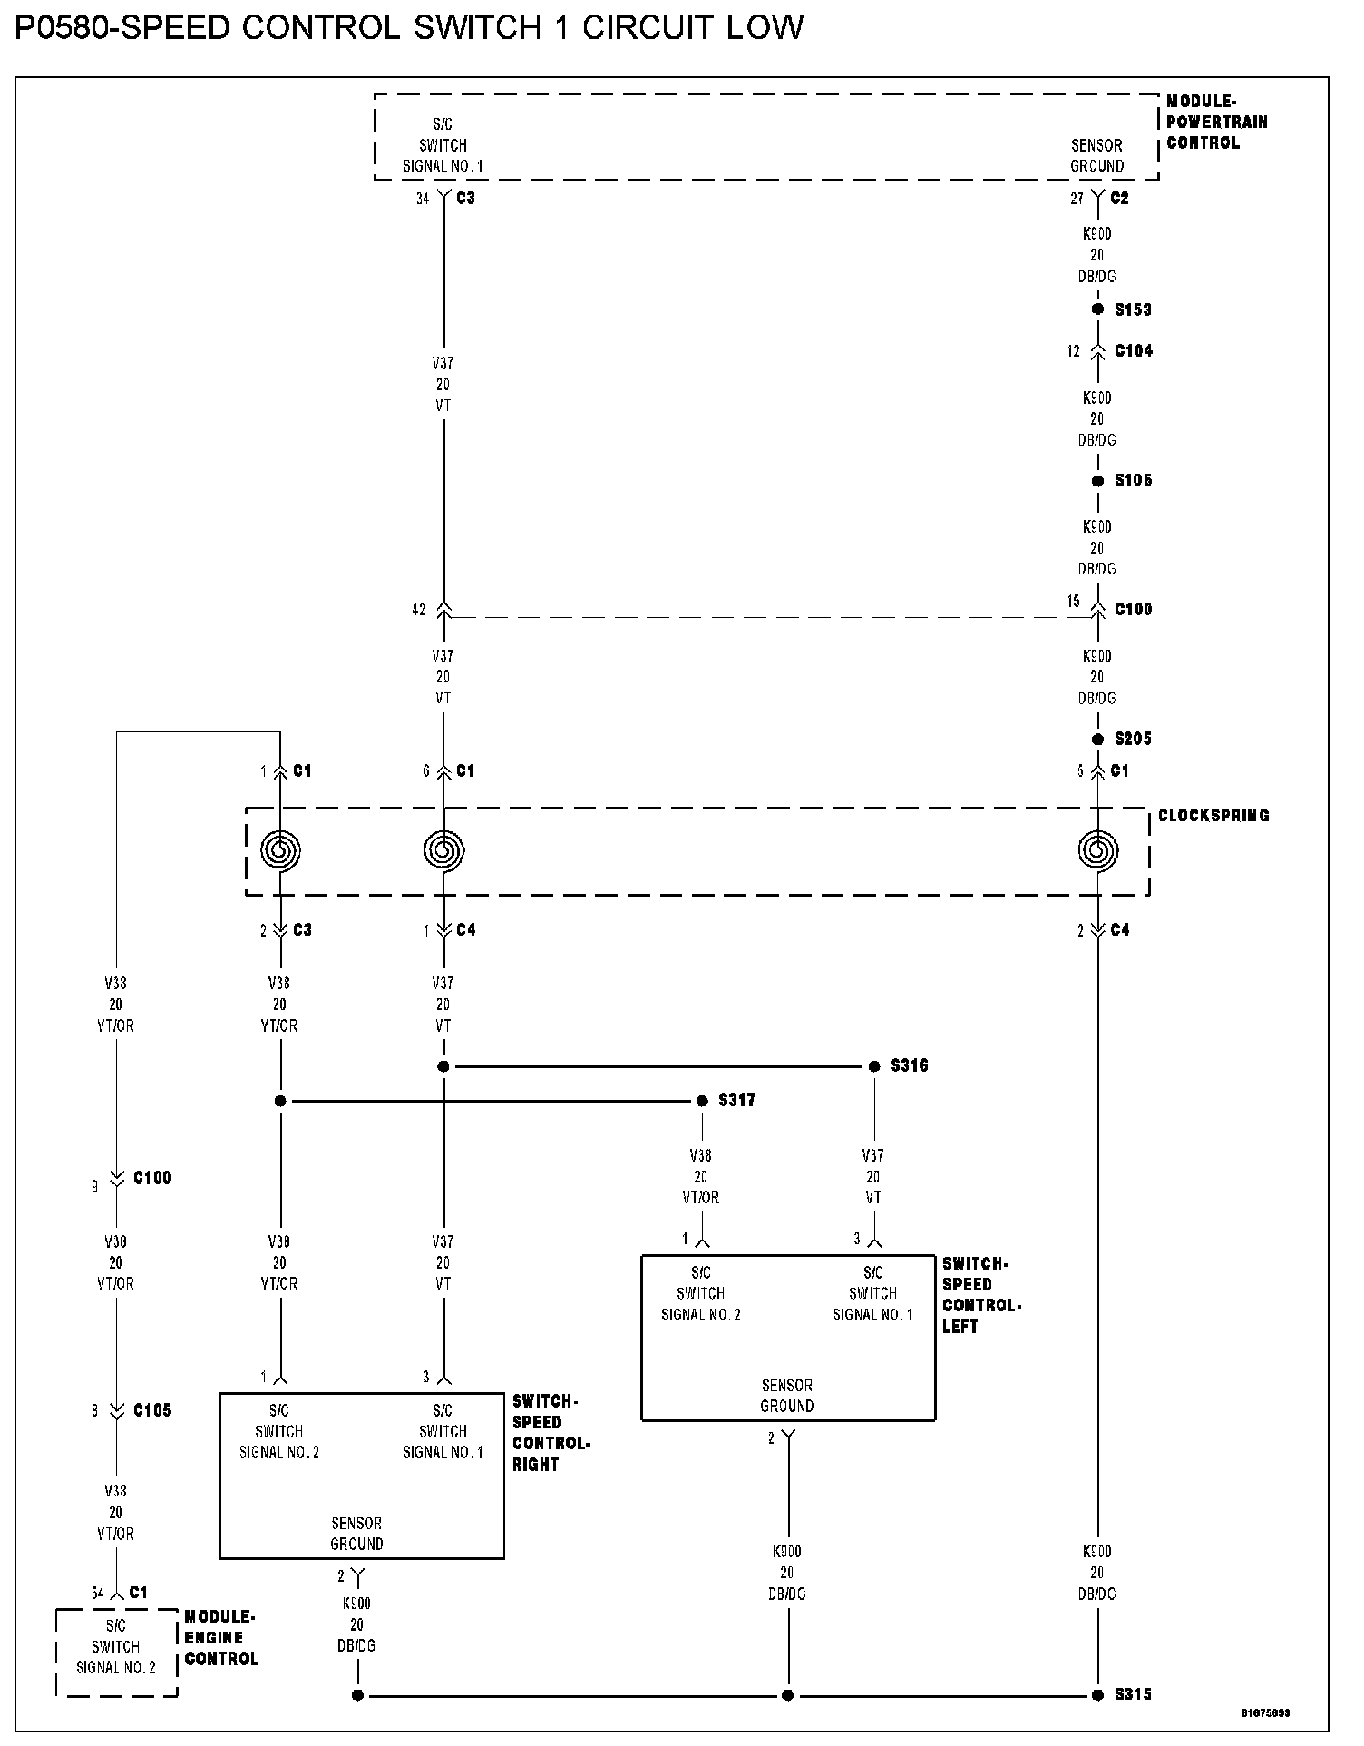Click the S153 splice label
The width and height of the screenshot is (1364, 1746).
[x=1133, y=309]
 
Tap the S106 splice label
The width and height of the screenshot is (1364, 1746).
[x=1133, y=480]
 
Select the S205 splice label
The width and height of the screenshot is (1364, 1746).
[x=1133, y=739]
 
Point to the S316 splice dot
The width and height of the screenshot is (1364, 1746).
[x=874, y=1066]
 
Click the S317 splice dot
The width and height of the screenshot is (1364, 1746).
[x=702, y=1101]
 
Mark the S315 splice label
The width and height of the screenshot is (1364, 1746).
[x=1133, y=1694]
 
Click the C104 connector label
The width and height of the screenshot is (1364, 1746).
[x=1134, y=351]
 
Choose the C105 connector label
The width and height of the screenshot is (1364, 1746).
[x=152, y=1410]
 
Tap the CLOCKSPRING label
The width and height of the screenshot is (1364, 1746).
[x=1213, y=815]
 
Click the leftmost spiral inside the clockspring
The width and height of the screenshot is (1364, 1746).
[x=280, y=851]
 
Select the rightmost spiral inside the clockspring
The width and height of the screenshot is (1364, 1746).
[x=1098, y=851]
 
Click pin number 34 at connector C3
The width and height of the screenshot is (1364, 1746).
[x=423, y=199]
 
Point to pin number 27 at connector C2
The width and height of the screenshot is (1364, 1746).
[x=1077, y=199]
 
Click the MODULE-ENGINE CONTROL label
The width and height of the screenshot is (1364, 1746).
[x=221, y=1637]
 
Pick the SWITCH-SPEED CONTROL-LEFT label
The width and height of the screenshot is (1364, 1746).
[x=981, y=1295]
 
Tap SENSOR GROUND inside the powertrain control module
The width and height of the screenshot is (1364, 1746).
[x=1096, y=155]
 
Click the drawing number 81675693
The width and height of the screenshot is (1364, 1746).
[x=1266, y=1713]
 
